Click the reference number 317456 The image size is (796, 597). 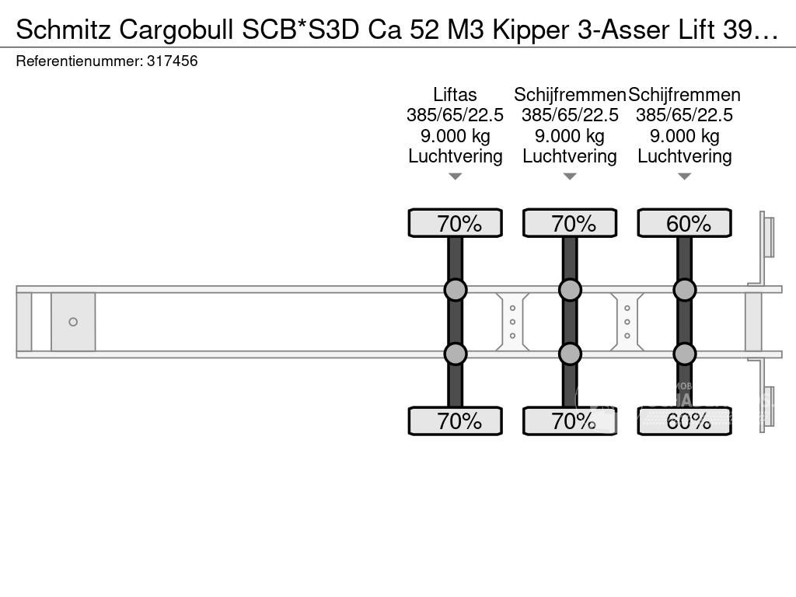coord(172,61)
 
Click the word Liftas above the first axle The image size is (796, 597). coord(455,95)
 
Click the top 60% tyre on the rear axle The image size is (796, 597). coord(684,223)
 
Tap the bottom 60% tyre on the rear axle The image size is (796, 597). coord(684,421)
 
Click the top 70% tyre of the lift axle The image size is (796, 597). coord(456,223)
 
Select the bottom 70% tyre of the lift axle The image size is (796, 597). coord(456,421)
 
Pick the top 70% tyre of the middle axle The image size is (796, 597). coord(570,223)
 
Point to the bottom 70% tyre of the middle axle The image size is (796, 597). coord(570,421)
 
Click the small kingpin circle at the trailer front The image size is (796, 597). coord(73,322)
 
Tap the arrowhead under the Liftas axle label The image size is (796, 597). coord(456,176)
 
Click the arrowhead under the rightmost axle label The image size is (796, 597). coord(684,176)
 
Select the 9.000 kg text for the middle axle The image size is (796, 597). coord(570,137)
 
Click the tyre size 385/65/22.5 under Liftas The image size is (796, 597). coord(455,115)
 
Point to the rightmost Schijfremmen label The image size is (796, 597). coord(684,95)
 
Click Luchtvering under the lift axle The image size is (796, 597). coord(456,156)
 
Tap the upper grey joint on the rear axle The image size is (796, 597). coord(684,290)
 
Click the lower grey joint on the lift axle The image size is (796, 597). coord(456,354)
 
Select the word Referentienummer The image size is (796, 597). coord(79,61)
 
